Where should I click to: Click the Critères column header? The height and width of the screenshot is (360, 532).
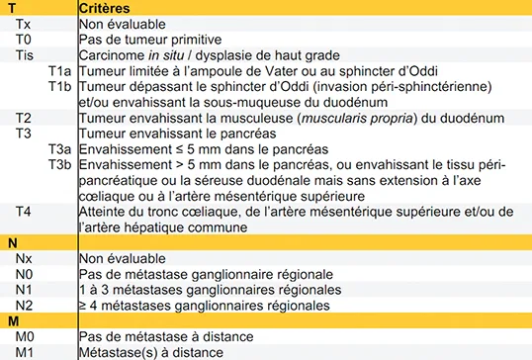pyautogui.click(x=106, y=8)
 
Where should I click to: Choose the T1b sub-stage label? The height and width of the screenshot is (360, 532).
pyautogui.click(x=58, y=86)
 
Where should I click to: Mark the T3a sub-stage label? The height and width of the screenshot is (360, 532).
pyautogui.click(x=58, y=149)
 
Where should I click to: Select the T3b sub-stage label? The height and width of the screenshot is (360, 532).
pyautogui.click(x=58, y=165)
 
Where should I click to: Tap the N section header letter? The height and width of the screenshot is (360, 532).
pyautogui.click(x=12, y=243)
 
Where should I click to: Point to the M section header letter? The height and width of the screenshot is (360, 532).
pyautogui.click(x=13, y=322)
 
